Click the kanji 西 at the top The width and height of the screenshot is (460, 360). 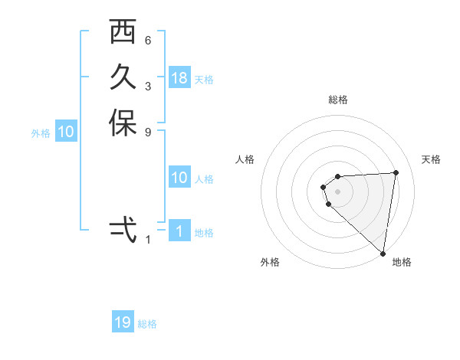point(122,34)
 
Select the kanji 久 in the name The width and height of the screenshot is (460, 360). point(122,78)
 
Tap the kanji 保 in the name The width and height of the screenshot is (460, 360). point(122,123)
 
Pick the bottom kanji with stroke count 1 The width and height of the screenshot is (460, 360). point(122,229)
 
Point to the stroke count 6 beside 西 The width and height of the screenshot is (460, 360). point(148,40)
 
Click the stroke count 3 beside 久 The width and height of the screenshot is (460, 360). point(148,86)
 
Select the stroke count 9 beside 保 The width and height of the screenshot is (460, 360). point(148,131)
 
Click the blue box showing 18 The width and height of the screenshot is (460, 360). point(179,78)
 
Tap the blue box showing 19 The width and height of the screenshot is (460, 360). point(123,322)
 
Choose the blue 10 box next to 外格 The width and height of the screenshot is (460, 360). point(66,132)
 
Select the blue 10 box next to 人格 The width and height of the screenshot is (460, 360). point(179,178)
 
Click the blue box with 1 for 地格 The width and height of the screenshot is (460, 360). point(179,231)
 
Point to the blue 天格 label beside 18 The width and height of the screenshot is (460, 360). point(204,79)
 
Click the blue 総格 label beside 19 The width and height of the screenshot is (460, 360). point(147,324)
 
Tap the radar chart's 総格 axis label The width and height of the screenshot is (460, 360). point(338,100)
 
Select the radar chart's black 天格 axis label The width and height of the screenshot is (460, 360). point(432,159)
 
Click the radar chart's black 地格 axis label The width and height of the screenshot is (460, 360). point(402,262)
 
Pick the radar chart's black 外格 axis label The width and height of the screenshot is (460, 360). point(270,262)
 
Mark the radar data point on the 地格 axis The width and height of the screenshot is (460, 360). point(383,253)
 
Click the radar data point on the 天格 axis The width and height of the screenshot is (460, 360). point(396,172)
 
